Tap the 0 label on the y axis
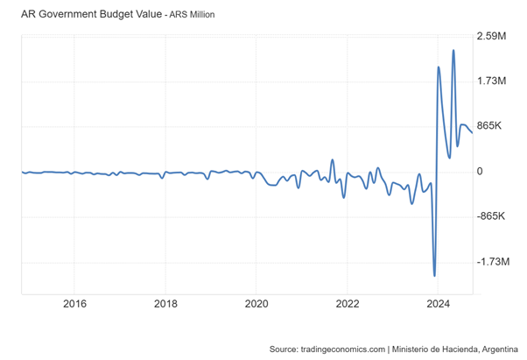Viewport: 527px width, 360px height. (x=480, y=172)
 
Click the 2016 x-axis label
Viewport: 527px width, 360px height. (x=75, y=304)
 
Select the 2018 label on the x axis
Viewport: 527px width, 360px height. (x=165, y=304)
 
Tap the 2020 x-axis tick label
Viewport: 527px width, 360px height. (x=256, y=304)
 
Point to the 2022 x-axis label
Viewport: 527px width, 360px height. (x=348, y=304)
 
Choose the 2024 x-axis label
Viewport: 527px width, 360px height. (x=438, y=304)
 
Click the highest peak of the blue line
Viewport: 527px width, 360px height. (x=453, y=50)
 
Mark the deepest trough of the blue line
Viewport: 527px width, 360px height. (x=435, y=276)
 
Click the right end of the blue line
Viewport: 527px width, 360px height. (x=473, y=133)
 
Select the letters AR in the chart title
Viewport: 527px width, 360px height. (x=29, y=14)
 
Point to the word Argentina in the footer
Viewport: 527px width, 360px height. (x=495, y=349)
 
